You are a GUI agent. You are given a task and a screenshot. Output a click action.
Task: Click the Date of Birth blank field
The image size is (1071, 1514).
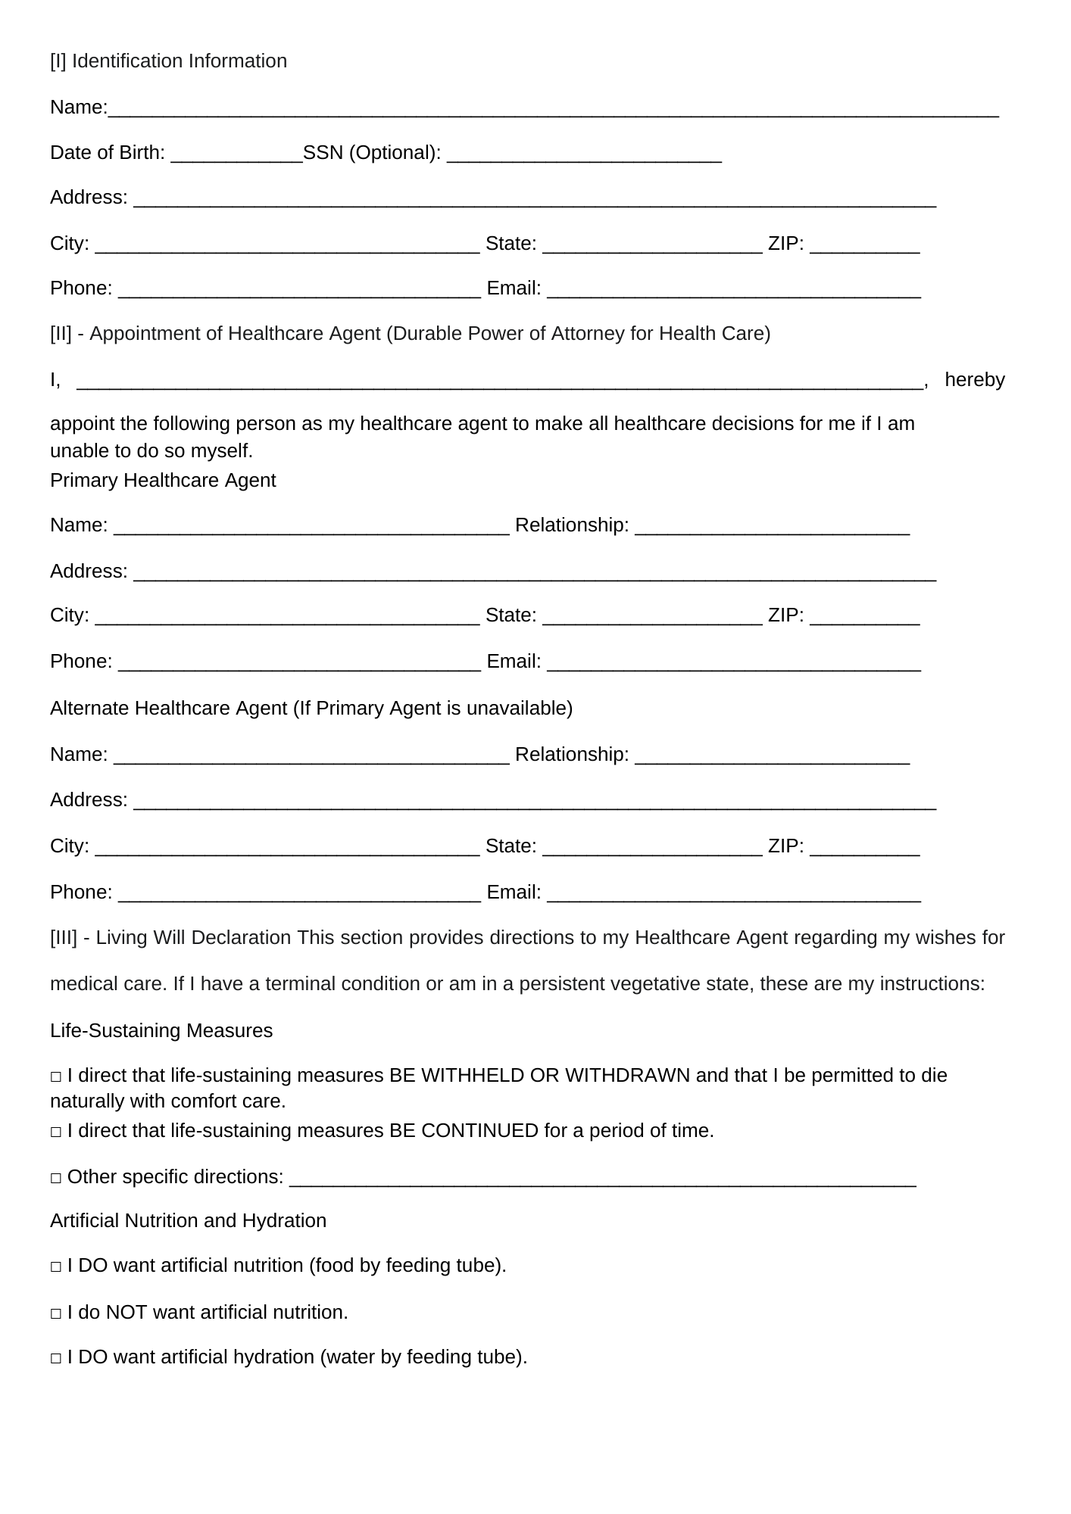236,154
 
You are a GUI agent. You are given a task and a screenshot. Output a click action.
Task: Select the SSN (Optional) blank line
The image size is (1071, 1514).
584,154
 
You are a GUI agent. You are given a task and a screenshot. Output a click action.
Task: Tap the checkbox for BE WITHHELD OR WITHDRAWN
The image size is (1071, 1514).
56,1076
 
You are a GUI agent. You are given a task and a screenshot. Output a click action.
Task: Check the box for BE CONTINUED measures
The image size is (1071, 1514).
56,1132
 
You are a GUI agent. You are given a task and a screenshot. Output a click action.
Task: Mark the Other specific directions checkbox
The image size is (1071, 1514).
56,1178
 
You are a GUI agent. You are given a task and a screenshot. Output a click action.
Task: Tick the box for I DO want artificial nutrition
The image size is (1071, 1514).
56,1266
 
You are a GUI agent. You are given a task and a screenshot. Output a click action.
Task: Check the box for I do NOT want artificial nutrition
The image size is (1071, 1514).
56,1313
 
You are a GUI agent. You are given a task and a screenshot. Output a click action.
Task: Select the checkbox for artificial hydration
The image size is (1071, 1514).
56,1358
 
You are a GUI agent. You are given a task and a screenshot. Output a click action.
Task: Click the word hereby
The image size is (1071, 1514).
974,380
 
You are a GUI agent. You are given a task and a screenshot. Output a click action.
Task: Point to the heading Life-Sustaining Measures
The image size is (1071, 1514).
161,1031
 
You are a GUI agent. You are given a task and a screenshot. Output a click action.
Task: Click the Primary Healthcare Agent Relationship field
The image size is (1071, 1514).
772,526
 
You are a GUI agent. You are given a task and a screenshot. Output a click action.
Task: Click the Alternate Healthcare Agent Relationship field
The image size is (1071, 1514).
772,755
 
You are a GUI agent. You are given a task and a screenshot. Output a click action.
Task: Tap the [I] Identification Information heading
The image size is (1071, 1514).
168,61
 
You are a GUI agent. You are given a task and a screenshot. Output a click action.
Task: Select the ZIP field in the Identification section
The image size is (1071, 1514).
864,245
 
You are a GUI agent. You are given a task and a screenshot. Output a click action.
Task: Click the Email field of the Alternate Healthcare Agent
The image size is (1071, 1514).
733,893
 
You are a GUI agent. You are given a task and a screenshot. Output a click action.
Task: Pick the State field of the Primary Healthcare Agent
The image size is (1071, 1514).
652,616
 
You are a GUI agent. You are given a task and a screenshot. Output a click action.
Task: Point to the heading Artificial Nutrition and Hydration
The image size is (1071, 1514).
188,1221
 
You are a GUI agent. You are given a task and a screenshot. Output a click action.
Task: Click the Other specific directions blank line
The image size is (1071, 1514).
602,1178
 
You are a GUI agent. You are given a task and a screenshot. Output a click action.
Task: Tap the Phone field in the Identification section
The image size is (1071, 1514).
299,289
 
